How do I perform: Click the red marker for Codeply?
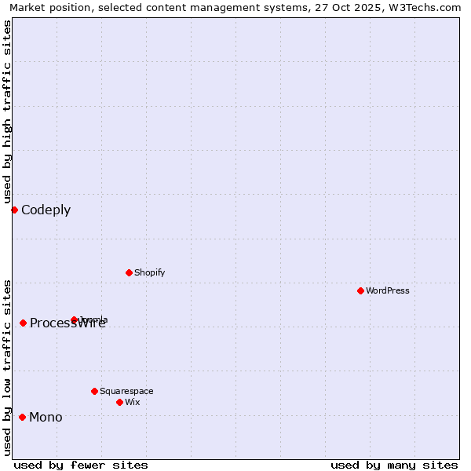(x=14, y=210)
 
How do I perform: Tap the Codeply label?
(x=46, y=210)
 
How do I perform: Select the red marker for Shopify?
(x=129, y=272)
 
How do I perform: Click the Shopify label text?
(x=149, y=272)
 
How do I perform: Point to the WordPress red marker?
(x=360, y=290)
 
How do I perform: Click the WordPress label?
(x=387, y=290)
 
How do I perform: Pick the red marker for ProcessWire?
(x=23, y=323)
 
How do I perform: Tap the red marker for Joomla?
(x=74, y=319)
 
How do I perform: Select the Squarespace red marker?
(x=94, y=391)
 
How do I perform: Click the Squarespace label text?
(x=126, y=391)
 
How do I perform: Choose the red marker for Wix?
(x=119, y=402)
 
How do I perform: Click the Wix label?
(x=132, y=402)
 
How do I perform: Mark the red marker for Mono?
(x=22, y=417)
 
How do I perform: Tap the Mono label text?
(x=46, y=417)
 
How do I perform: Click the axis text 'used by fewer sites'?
(x=81, y=465)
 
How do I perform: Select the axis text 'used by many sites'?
(x=394, y=465)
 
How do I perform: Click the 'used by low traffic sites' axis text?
(x=7, y=367)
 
